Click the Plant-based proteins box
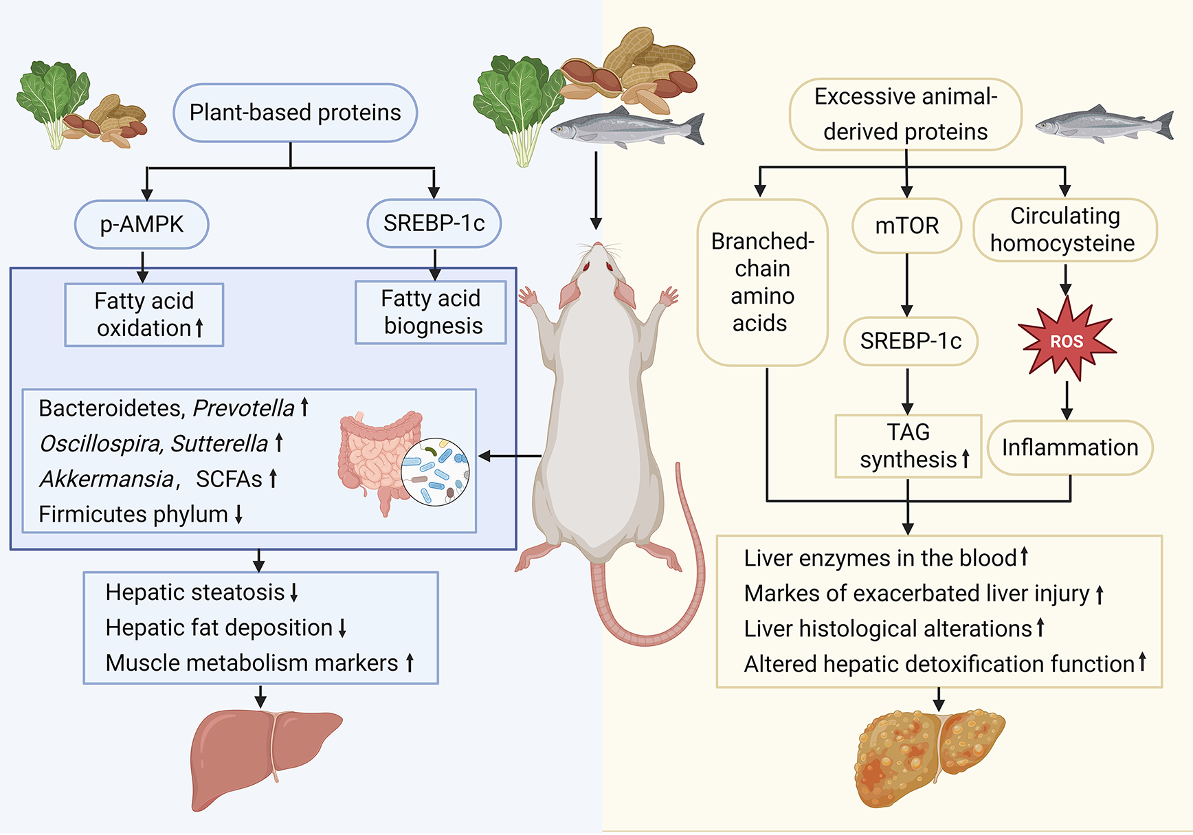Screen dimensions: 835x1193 click(x=295, y=113)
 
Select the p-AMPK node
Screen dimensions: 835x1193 click(x=142, y=225)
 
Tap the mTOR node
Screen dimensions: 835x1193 click(x=906, y=225)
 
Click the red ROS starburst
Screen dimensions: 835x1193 click(x=1066, y=340)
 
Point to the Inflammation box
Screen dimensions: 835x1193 click(x=1070, y=448)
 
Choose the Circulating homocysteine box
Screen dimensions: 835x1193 click(x=1064, y=230)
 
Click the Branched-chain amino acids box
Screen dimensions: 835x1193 click(x=762, y=282)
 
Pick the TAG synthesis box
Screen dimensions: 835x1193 click(x=908, y=446)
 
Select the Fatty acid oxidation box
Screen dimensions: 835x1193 click(x=144, y=315)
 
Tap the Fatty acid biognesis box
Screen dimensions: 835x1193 click(x=431, y=312)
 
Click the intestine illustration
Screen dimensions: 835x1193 click(x=378, y=457)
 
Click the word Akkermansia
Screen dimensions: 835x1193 click(x=107, y=479)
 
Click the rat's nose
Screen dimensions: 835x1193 click(x=596, y=245)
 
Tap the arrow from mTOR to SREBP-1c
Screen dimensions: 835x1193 click(x=907, y=285)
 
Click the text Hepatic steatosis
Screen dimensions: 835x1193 click(x=194, y=592)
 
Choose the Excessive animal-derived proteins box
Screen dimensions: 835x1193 click(x=906, y=114)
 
